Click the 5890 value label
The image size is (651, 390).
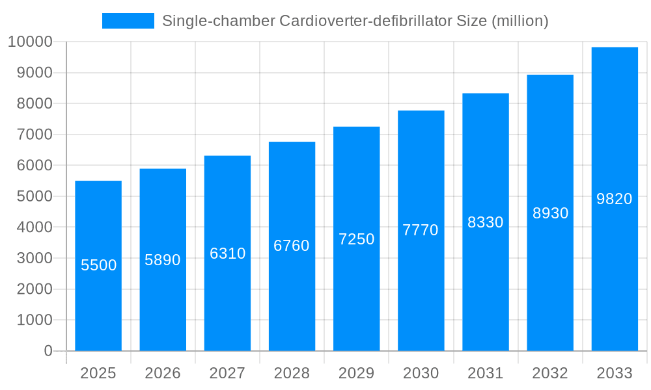(x=163, y=260)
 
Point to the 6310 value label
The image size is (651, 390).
(x=227, y=253)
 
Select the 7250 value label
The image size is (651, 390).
(x=357, y=239)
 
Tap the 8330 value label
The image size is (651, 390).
(x=486, y=222)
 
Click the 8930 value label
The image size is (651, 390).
(x=550, y=213)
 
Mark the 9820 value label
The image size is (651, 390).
(x=615, y=199)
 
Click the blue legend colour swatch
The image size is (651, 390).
(x=128, y=21)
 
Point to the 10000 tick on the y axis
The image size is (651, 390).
(x=30, y=42)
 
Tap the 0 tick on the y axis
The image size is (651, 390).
(x=48, y=351)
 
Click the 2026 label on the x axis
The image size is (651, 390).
(x=163, y=373)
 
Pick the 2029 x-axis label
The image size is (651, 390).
(x=357, y=373)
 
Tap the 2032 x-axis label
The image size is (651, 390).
(x=550, y=373)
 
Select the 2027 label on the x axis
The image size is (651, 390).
(x=227, y=373)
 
